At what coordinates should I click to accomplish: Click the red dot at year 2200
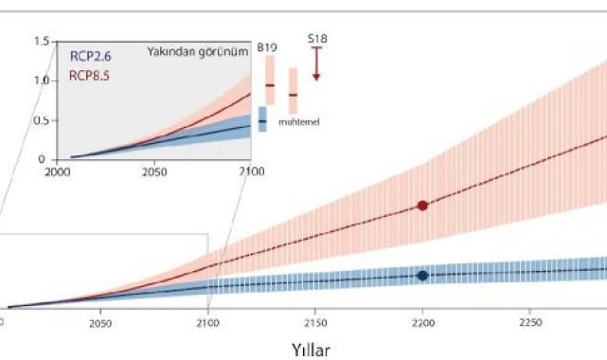coord(422,206)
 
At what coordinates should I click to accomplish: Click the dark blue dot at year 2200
coord(422,276)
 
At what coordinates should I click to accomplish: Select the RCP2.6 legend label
coord(90,57)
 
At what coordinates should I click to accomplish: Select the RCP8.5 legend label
coord(89,76)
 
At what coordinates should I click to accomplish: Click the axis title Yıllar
coord(311,351)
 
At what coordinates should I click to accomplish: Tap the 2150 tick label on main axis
coord(315,323)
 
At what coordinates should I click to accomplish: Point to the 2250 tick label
coord(530,322)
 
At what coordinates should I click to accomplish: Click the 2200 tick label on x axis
coord(422,323)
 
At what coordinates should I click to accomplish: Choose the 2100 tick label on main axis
coord(208,323)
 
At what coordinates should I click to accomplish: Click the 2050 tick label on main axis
coord(100,324)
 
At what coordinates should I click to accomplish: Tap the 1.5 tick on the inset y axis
coord(42,41)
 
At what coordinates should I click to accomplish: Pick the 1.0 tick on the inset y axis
coord(42,81)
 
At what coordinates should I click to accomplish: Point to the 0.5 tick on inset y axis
coord(42,120)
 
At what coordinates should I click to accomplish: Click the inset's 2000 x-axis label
coord(58,171)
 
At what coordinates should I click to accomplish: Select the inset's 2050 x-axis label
coord(154,171)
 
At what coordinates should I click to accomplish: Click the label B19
coord(267,48)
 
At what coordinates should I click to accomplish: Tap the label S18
coord(317,39)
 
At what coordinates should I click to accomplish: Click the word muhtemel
coord(299,122)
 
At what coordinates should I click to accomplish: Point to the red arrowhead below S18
coord(316,78)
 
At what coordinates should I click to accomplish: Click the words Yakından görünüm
coord(198,52)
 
